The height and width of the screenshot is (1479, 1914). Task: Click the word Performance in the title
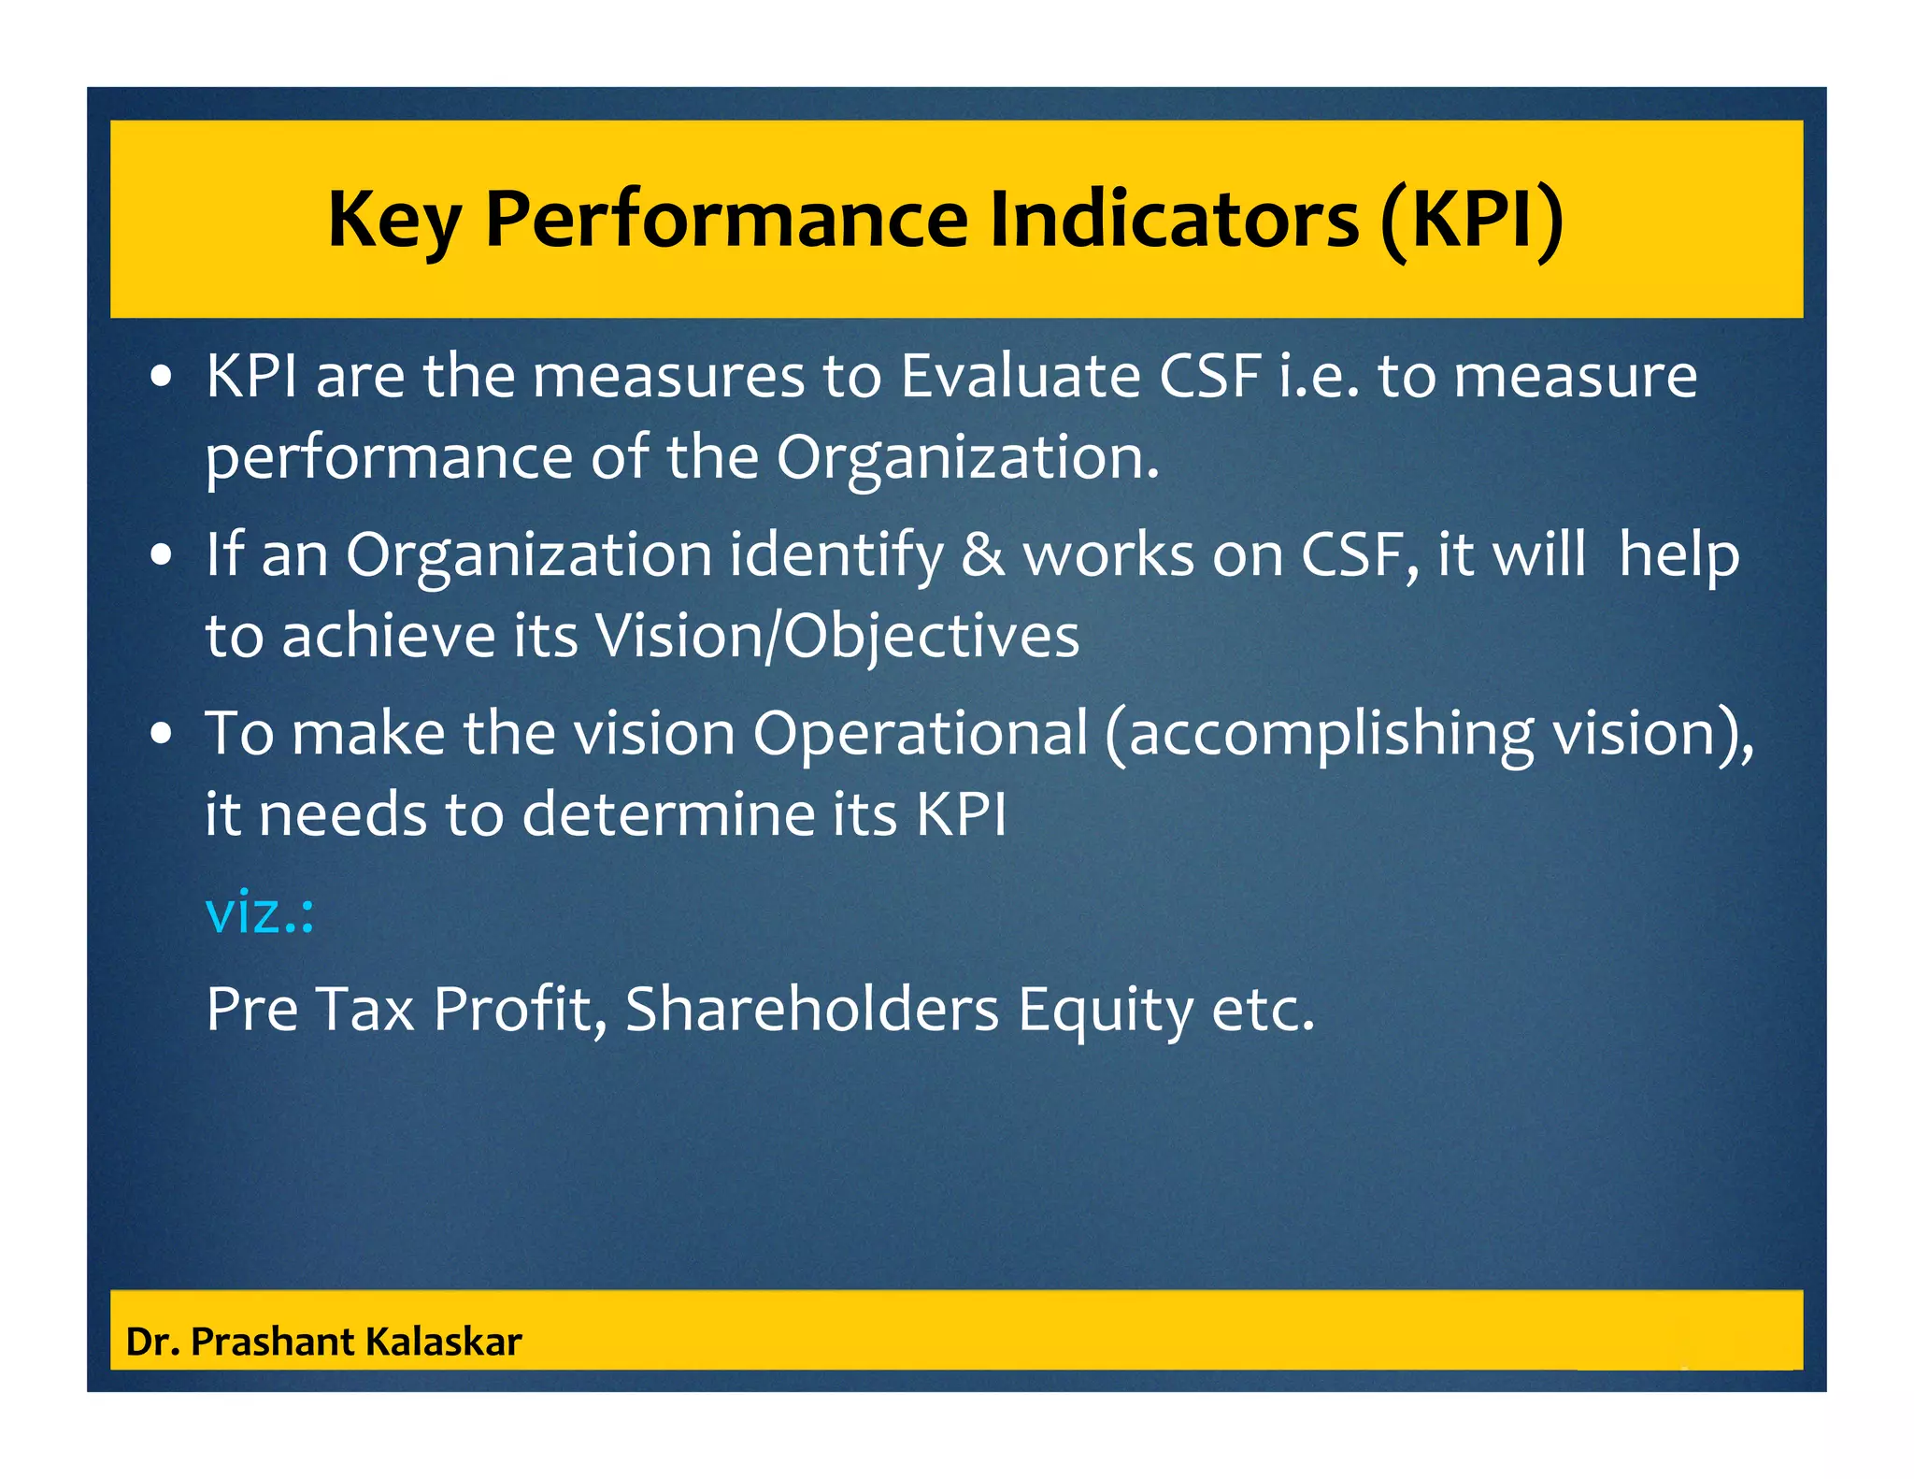click(x=726, y=220)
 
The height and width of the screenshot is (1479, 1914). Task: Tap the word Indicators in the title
click(x=1173, y=220)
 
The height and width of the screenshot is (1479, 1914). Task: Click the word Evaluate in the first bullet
click(x=1020, y=376)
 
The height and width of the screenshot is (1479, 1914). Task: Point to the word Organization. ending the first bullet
click(x=967, y=458)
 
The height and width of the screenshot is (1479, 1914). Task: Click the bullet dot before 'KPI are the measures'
click(x=162, y=377)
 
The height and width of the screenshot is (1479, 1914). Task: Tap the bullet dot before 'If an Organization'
click(x=162, y=555)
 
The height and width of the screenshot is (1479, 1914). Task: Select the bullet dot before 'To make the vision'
click(x=162, y=734)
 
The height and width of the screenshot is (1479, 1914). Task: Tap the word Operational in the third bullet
click(x=921, y=733)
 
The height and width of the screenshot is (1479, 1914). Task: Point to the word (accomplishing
click(x=1319, y=733)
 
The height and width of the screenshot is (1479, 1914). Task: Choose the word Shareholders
click(x=812, y=1010)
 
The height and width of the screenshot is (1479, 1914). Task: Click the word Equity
click(x=1106, y=1010)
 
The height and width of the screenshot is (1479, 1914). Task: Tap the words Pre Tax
click(x=309, y=1010)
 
